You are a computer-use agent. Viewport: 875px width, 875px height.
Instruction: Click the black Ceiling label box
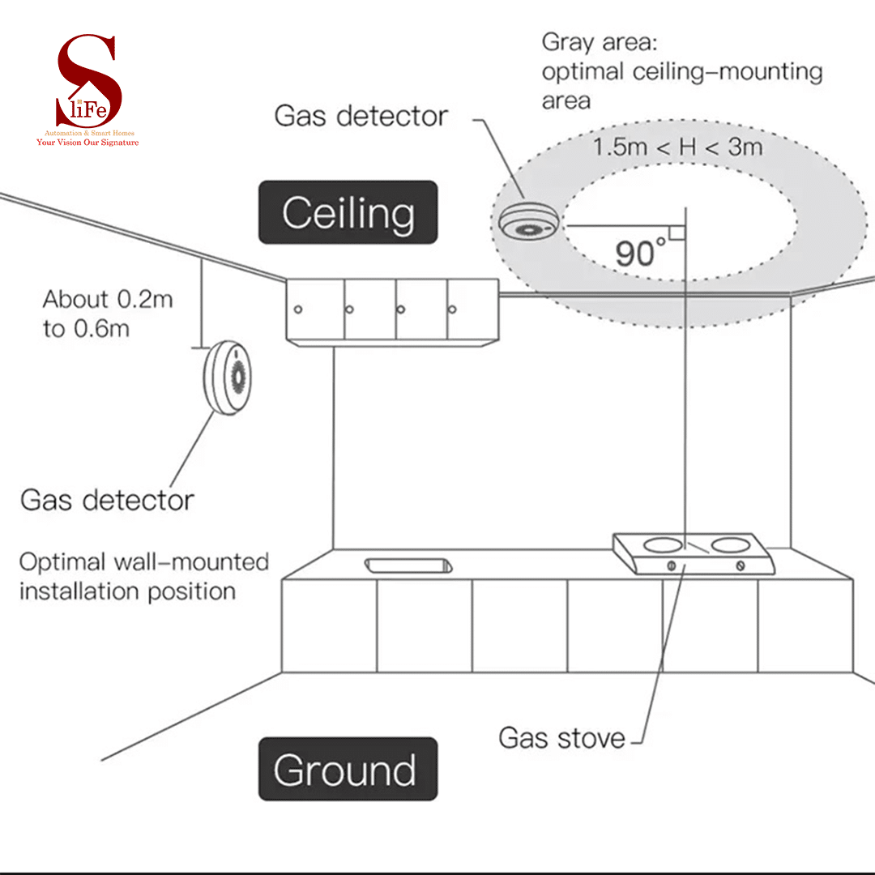[348, 212]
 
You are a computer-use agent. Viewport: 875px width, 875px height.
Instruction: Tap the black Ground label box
[348, 769]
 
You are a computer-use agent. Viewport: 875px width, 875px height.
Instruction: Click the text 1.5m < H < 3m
[677, 148]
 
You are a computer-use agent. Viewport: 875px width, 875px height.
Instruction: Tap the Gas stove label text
[561, 738]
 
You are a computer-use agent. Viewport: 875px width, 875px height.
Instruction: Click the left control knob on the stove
[671, 566]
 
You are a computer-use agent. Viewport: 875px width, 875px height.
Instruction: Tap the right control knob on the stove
[741, 566]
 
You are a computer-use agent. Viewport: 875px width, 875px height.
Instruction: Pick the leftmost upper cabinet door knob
[298, 309]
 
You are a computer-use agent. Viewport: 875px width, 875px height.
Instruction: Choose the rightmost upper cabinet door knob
[452, 309]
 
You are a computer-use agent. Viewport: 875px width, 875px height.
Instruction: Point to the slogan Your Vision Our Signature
[87, 143]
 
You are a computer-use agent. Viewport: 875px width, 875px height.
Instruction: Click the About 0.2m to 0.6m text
[108, 314]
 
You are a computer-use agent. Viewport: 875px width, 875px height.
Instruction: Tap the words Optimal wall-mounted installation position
[143, 576]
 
